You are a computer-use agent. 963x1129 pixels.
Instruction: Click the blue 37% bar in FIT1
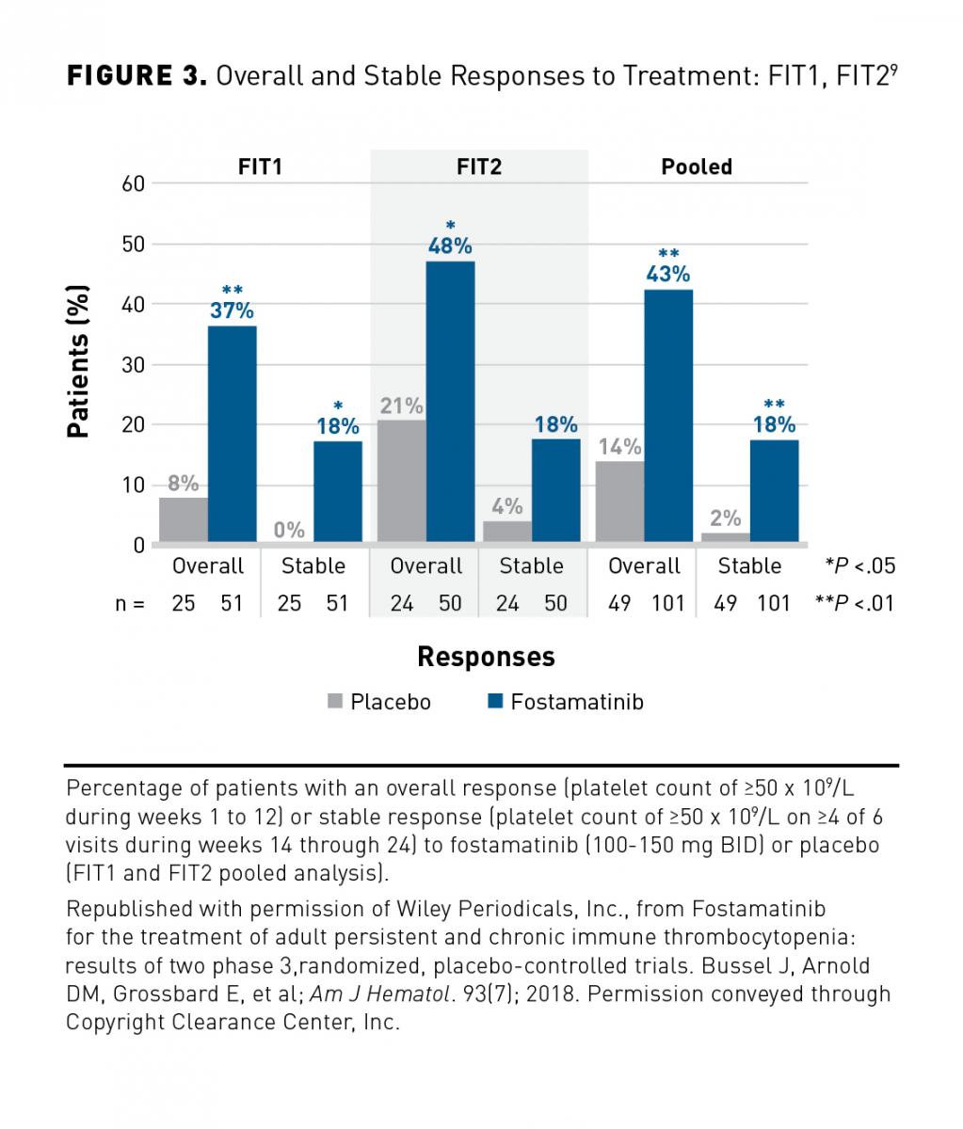pyautogui.click(x=232, y=434)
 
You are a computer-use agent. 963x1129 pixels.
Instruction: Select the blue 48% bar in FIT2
pyautogui.click(x=450, y=402)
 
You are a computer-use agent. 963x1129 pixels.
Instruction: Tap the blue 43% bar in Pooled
pyautogui.click(x=668, y=416)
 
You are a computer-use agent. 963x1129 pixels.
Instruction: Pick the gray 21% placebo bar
pyautogui.click(x=401, y=481)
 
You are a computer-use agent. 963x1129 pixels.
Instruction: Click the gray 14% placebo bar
pyautogui.click(x=619, y=501)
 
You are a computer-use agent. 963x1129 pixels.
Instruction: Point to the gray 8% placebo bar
pyautogui.click(x=183, y=519)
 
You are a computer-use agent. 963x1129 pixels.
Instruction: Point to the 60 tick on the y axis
pyautogui.click(x=134, y=183)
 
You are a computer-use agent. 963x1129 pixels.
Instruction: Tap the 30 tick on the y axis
pyautogui.click(x=134, y=365)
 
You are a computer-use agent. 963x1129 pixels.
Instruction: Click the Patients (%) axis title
pyautogui.click(x=79, y=361)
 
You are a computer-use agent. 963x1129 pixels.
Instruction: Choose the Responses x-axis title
pyautogui.click(x=486, y=657)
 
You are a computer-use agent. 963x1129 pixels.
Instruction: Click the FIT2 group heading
pyautogui.click(x=479, y=167)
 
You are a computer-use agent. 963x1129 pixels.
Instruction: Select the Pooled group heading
pyautogui.click(x=697, y=167)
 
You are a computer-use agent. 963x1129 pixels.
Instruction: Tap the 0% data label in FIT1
pyautogui.click(x=289, y=531)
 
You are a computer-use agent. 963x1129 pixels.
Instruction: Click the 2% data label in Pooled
pyautogui.click(x=726, y=518)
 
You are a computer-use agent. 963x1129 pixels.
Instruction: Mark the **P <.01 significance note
pyautogui.click(x=855, y=603)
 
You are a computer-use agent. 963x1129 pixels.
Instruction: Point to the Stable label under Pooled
pyautogui.click(x=749, y=566)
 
